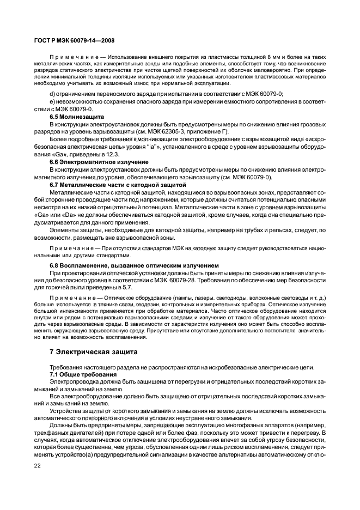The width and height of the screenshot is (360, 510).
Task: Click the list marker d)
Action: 53,94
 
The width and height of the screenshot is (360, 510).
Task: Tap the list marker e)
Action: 52,102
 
